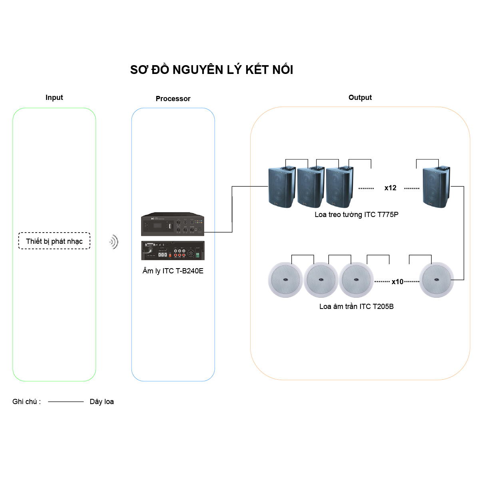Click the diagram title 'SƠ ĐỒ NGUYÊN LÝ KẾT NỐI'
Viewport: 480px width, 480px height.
click(x=211, y=70)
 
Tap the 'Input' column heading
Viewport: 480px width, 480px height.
click(x=54, y=98)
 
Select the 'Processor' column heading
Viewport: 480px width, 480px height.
click(x=173, y=99)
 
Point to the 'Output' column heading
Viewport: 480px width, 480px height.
click(x=360, y=98)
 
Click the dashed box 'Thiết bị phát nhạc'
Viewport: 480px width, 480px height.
click(x=54, y=241)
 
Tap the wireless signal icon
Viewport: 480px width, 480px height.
click(x=114, y=242)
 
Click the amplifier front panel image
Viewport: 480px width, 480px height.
click(x=173, y=225)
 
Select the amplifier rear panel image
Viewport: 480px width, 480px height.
click(x=173, y=251)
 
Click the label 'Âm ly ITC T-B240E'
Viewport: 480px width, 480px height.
click(x=173, y=271)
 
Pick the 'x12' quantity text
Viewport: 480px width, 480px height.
click(x=390, y=188)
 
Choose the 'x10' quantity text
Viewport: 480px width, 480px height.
click(x=397, y=282)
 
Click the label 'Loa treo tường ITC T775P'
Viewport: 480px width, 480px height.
click(x=357, y=215)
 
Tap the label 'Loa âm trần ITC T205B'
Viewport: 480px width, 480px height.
click(x=357, y=307)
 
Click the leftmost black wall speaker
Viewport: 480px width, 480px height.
click(x=281, y=187)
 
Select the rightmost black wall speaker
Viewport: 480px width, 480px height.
click(x=436, y=187)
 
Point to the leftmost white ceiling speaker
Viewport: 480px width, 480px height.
click(x=285, y=280)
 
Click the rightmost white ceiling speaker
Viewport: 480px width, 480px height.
click(x=436, y=280)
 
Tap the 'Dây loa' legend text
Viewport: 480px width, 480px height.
click(x=102, y=402)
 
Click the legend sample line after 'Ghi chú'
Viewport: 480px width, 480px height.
click(x=66, y=402)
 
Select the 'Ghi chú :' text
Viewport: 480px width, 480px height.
click(x=27, y=402)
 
